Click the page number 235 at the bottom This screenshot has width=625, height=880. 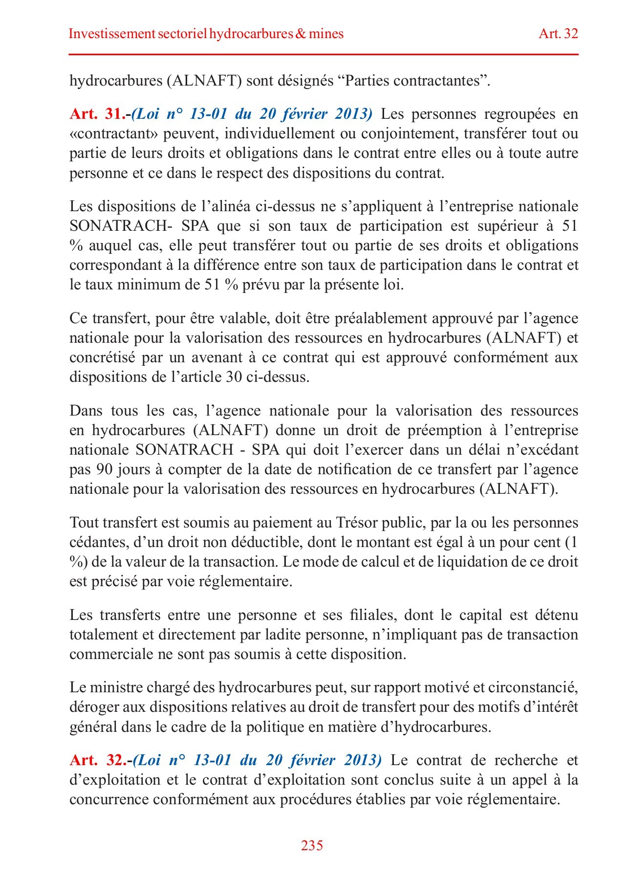(x=312, y=845)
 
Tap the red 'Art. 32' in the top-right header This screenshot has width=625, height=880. (x=558, y=34)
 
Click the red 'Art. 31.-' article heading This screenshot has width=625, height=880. (x=100, y=114)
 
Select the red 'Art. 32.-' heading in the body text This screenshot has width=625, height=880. (x=100, y=760)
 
